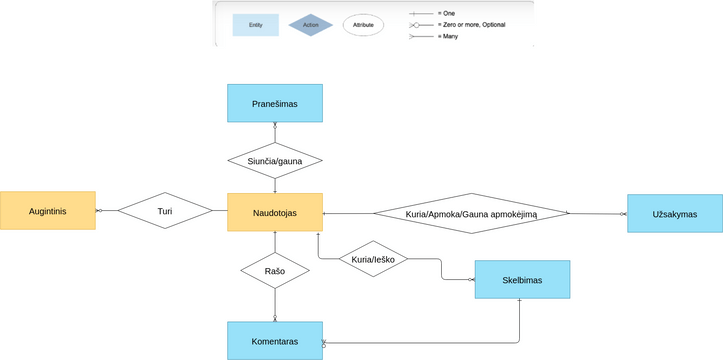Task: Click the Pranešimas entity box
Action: point(275,103)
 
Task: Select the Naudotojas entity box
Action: point(275,212)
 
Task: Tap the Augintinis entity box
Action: point(47,211)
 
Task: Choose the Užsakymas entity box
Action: point(674,213)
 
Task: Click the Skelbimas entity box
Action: point(522,280)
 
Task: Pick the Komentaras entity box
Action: point(275,341)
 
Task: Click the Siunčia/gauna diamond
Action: point(275,159)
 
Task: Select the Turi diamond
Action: point(165,211)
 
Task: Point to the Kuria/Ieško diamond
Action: point(373,260)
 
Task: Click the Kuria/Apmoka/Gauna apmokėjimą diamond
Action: point(471,213)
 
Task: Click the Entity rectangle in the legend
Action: point(256,24)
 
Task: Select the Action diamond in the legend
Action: point(311,24)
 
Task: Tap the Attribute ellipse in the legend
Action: point(363,24)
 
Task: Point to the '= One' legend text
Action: point(447,13)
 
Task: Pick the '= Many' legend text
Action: point(449,36)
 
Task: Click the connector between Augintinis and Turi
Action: point(106,211)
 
